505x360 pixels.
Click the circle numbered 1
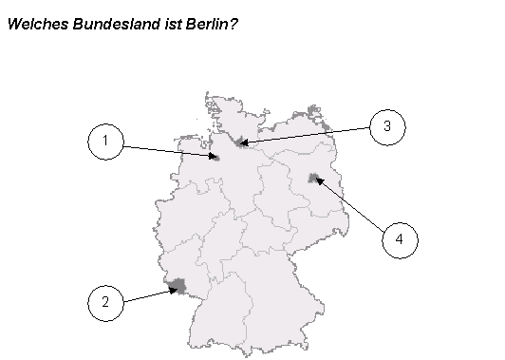[x=106, y=142]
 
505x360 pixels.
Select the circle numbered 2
[x=106, y=303]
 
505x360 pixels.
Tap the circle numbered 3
[x=386, y=126]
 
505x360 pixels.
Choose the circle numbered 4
[x=400, y=239]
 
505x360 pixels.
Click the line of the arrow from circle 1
[x=166, y=150]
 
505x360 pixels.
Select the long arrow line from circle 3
[x=304, y=136]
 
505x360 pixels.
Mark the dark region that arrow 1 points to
[x=216, y=159]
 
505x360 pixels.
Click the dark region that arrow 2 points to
[x=175, y=284]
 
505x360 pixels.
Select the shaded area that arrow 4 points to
[x=312, y=178]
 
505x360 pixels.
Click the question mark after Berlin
[x=234, y=23]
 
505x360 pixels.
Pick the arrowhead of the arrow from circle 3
[x=243, y=143]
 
